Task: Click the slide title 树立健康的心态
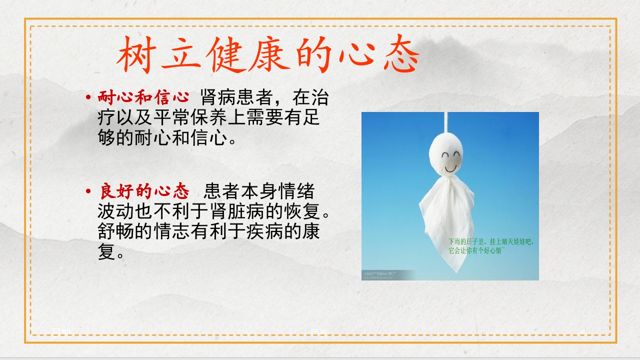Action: [268, 54]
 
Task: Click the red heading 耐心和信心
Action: [143, 97]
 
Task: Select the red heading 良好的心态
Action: [144, 191]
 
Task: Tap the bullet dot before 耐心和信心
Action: [88, 97]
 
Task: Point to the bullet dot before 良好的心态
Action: [88, 191]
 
